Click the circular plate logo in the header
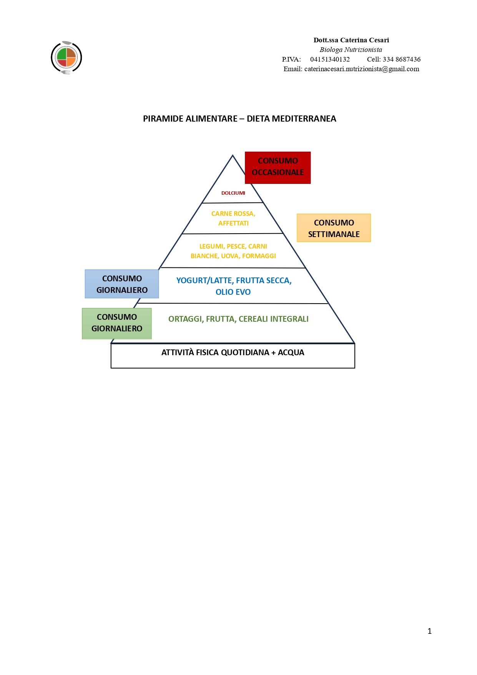point(66,58)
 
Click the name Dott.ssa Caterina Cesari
point(351,40)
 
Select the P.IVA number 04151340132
point(330,59)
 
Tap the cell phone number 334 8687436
point(401,59)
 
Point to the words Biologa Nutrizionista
point(351,50)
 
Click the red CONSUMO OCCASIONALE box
point(278,167)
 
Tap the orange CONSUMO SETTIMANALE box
point(334,228)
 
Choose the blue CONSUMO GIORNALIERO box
point(122,284)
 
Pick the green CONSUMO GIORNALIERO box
point(116,323)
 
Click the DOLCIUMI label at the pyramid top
point(233,193)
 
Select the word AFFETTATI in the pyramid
point(233,223)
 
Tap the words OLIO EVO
point(233,292)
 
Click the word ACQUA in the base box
point(291,353)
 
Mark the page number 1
point(429,631)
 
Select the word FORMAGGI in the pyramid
point(259,256)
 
